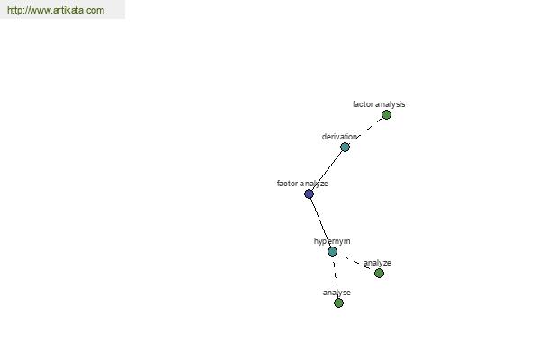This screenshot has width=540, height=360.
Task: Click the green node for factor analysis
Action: (386, 115)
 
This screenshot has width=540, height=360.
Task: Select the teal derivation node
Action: (345, 148)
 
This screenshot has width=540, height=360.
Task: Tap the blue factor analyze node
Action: (310, 194)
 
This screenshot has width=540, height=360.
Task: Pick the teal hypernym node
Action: (332, 252)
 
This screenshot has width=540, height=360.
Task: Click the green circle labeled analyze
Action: (379, 274)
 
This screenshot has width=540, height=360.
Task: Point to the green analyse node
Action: (339, 302)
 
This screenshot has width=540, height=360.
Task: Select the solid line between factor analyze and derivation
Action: (328, 171)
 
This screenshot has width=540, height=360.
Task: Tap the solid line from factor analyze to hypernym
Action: (320, 223)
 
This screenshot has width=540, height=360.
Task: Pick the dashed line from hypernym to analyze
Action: (355, 263)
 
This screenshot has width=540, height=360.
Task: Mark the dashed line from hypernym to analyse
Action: (336, 277)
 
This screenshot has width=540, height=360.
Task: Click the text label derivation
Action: (339, 137)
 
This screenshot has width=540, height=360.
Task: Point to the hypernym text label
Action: (332, 241)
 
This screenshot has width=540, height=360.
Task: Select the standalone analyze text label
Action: (377, 263)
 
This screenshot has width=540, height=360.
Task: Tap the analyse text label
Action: (337, 292)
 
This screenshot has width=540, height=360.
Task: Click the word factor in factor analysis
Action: (361, 104)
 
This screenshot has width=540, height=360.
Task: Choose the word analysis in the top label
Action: (388, 104)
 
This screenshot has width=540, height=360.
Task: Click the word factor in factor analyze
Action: (285, 184)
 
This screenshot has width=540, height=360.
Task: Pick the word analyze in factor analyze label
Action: (312, 184)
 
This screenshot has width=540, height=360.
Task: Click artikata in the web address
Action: (67, 10)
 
